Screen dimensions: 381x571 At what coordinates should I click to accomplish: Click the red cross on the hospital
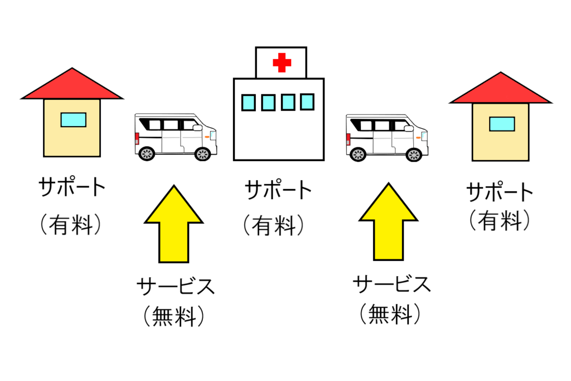pyautogui.click(x=282, y=62)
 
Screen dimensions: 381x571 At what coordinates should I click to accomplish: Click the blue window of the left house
pyautogui.click(x=73, y=119)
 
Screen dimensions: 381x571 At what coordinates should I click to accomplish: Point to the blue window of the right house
pyautogui.click(x=502, y=124)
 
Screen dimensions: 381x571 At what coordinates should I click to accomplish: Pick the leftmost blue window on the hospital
pyautogui.click(x=248, y=103)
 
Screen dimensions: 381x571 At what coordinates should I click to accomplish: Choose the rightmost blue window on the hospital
pyautogui.click(x=307, y=102)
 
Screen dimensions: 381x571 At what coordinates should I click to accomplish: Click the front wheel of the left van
pyautogui.click(x=202, y=154)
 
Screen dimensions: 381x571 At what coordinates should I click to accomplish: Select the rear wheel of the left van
pyautogui.click(x=147, y=154)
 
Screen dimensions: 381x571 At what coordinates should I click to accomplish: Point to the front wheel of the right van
pyautogui.click(x=413, y=155)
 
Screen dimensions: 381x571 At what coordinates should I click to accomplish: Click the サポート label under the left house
pyautogui.click(x=72, y=188)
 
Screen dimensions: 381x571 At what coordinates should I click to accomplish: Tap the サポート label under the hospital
pyautogui.click(x=278, y=191)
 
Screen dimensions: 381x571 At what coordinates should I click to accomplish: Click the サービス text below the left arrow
pyautogui.click(x=175, y=287)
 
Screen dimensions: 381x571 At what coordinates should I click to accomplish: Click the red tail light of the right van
pyautogui.click(x=349, y=139)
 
